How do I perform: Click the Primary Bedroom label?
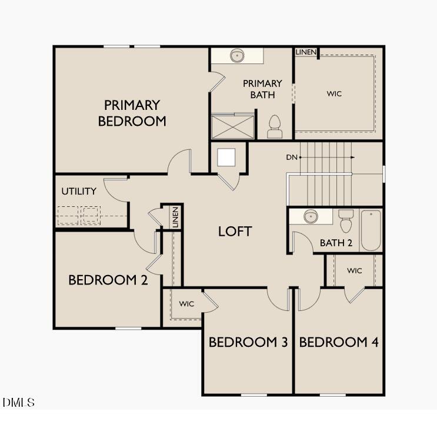click(132, 113)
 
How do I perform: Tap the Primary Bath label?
click(262, 89)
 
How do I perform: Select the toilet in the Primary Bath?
click(275, 126)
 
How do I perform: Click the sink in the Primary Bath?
click(238, 56)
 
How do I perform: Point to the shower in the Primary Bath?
click(232, 126)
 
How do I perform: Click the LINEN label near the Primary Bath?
click(306, 52)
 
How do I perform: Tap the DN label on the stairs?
click(292, 157)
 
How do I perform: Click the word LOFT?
click(235, 232)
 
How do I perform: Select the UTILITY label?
click(79, 192)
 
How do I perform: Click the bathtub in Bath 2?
click(371, 230)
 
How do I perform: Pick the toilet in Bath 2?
click(346, 222)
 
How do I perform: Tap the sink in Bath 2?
click(311, 217)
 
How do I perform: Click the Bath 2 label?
click(336, 243)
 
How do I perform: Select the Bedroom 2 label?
click(108, 280)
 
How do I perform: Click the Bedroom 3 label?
click(248, 342)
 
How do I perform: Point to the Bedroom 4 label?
click(339, 342)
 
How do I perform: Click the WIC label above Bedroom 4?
click(354, 271)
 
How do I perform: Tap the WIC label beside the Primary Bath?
click(334, 94)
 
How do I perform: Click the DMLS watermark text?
click(19, 403)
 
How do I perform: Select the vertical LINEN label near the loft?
click(175, 217)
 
